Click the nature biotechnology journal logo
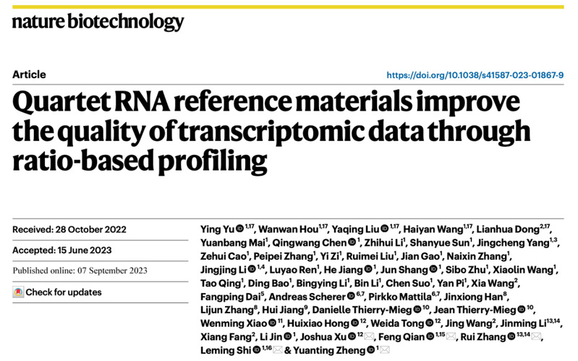(98, 22)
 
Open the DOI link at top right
(475, 75)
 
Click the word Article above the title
(29, 75)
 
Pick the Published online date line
(80, 271)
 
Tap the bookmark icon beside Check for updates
(18, 292)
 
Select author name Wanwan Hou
(281, 230)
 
